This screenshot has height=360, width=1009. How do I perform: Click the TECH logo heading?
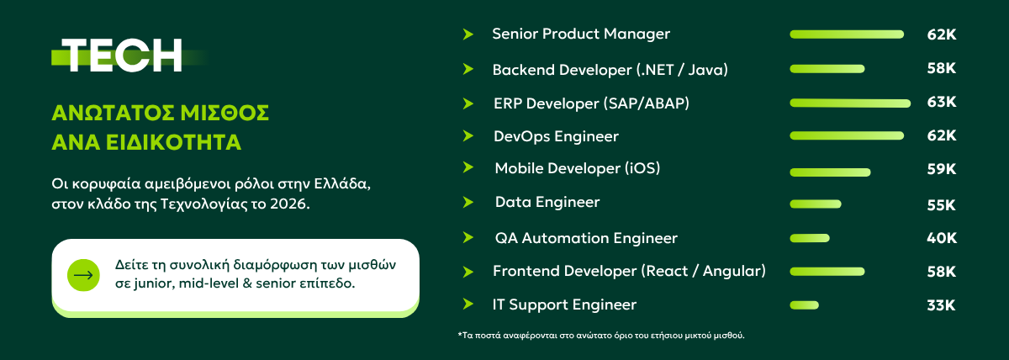122,56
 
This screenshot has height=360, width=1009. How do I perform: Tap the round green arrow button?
83,275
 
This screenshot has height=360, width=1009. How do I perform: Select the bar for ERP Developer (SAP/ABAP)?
850,103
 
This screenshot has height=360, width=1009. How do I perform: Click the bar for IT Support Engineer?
804,305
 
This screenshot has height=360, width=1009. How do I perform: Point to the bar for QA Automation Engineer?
810,238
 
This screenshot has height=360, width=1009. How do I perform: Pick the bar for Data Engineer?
816,204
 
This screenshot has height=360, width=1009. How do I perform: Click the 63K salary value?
942,102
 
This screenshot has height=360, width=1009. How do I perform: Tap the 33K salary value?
941,305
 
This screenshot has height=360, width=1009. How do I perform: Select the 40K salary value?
942,238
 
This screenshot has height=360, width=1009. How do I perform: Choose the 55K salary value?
941,205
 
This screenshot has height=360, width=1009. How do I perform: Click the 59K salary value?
942,169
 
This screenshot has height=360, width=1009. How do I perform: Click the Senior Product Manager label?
581,34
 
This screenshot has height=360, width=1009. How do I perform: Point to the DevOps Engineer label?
557,136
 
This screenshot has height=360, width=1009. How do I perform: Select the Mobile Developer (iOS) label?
578,168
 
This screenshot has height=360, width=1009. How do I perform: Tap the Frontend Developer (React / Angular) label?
629,271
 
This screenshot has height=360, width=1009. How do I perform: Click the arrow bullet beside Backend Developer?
468,69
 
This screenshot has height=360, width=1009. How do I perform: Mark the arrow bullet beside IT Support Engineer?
468,304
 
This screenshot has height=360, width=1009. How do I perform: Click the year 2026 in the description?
289,204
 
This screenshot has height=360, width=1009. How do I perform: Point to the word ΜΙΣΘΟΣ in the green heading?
225,113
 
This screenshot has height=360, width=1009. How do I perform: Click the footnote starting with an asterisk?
601,336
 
